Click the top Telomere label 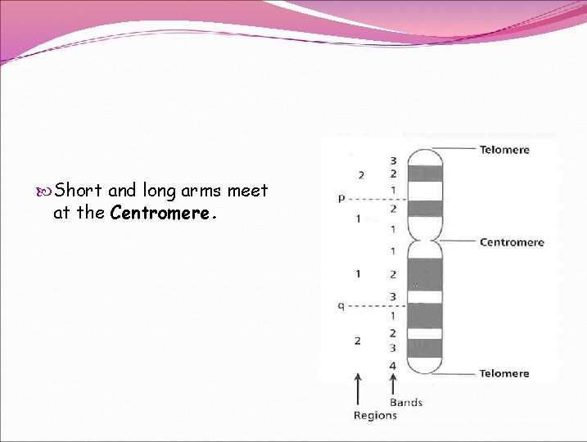(503, 150)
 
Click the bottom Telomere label (503, 373)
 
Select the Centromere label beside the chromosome (511, 242)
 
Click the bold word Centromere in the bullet (160, 213)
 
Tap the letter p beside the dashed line (341, 197)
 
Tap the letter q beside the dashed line (341, 305)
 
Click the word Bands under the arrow (405, 402)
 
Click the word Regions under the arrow (374, 415)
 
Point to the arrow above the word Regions (358, 388)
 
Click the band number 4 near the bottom (393, 365)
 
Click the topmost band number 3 (393, 160)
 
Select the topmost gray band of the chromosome (425, 174)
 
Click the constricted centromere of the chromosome (425, 241)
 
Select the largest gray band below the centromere (425, 274)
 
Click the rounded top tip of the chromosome (425, 150)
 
